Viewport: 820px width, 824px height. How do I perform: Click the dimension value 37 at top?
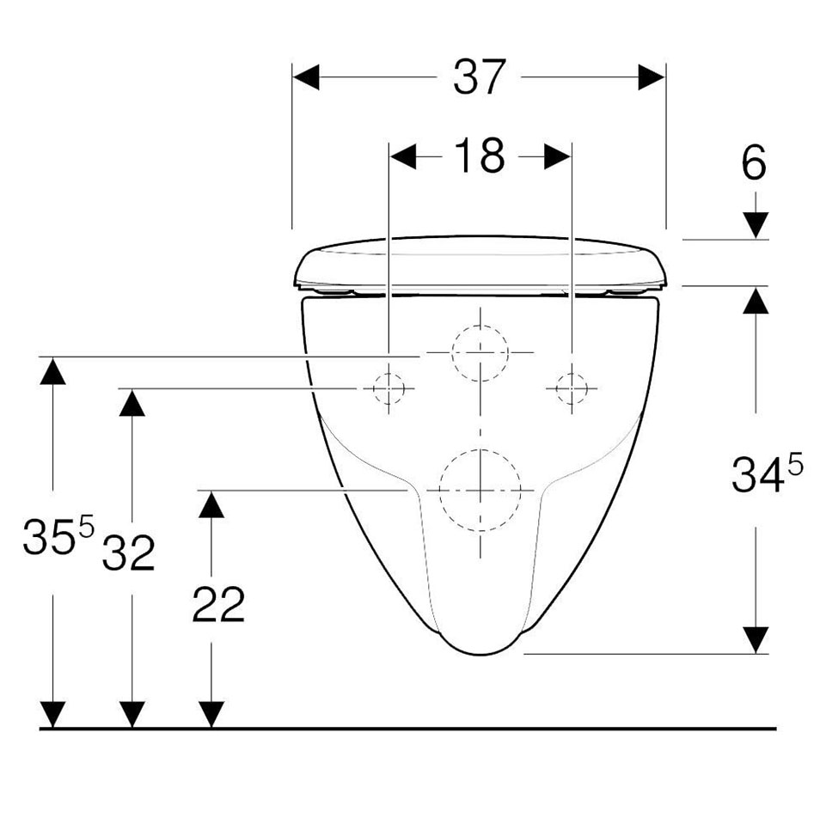480,77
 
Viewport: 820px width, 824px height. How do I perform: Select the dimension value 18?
480,156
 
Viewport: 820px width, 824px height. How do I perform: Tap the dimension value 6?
754,163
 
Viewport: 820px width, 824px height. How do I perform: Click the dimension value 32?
129,552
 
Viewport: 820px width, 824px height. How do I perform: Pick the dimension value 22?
218,605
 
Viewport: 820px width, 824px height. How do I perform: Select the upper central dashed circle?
480,326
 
